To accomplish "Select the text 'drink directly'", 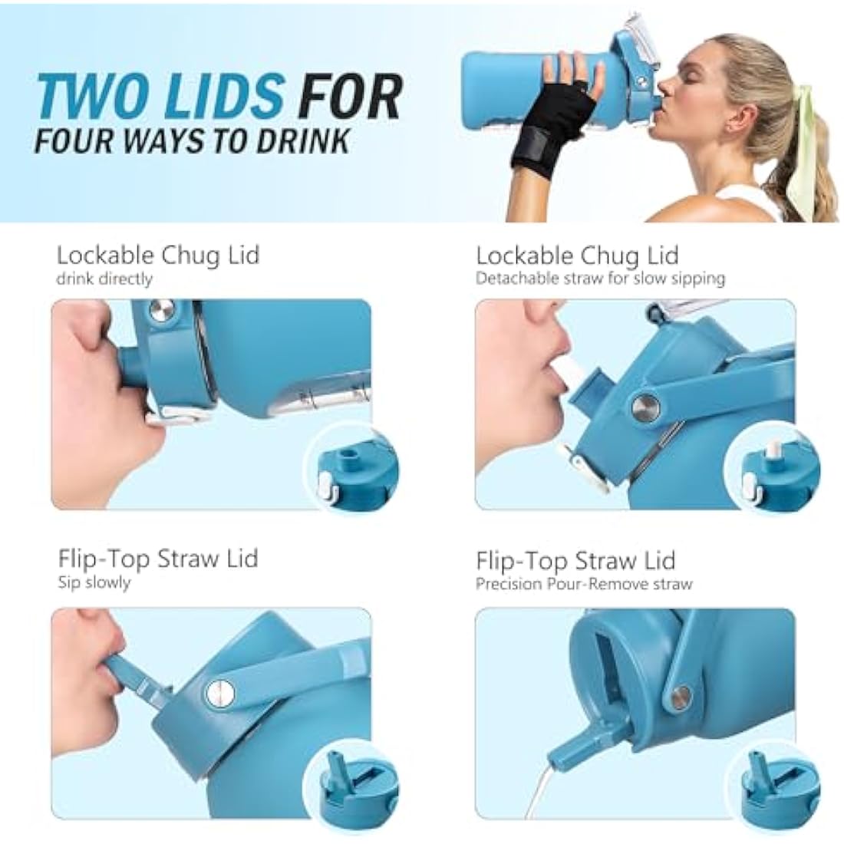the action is point(104,279).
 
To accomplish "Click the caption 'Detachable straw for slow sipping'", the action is point(601,279).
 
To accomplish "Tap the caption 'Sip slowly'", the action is point(94,582).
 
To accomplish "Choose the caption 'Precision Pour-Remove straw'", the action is point(584,584).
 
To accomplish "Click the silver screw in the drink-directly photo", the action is point(161,312).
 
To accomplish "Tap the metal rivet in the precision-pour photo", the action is point(682,695).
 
